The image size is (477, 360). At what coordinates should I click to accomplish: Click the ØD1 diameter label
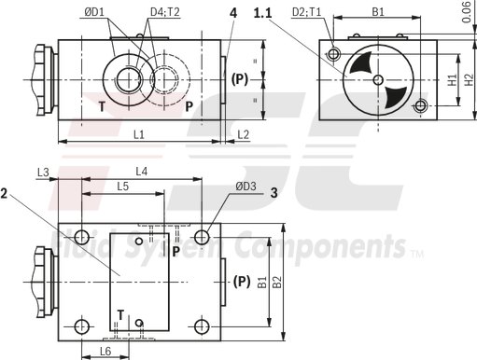pyautogui.click(x=94, y=13)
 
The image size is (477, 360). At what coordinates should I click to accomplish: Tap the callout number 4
pyautogui.click(x=231, y=12)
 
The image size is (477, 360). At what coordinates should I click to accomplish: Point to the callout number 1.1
pyautogui.click(x=263, y=12)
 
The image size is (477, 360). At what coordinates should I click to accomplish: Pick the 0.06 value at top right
pyautogui.click(x=466, y=11)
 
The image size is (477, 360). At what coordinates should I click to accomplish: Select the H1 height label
pyautogui.click(x=451, y=81)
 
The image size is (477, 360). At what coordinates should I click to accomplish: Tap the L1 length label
pyautogui.click(x=138, y=135)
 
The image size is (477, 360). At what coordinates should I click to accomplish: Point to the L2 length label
pyautogui.click(x=243, y=135)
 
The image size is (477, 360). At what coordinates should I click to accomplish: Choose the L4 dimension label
pyautogui.click(x=142, y=172)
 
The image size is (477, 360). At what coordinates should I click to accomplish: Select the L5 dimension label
pyautogui.click(x=122, y=187)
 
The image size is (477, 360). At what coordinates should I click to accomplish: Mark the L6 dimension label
pyautogui.click(x=105, y=350)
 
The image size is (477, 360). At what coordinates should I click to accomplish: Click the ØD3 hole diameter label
pyautogui.click(x=246, y=187)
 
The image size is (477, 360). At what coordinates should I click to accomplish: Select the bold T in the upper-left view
pyautogui.click(x=102, y=105)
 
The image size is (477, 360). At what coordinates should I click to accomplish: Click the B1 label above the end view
pyautogui.click(x=378, y=12)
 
